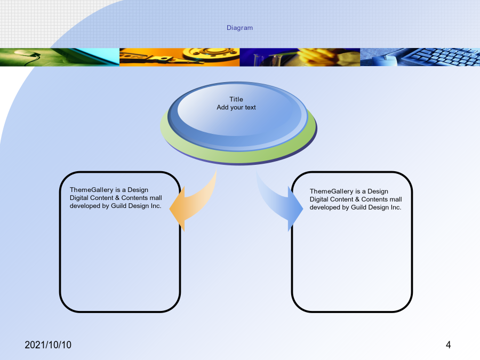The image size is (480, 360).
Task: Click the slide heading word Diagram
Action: (239, 28)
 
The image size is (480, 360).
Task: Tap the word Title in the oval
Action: (236, 99)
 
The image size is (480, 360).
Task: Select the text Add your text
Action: (236, 107)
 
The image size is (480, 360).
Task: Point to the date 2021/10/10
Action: (48, 345)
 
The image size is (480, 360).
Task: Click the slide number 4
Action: (448, 345)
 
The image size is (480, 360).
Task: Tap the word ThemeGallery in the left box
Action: (92, 190)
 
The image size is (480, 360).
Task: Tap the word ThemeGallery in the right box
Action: (332, 191)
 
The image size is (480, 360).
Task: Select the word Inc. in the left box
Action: (156, 206)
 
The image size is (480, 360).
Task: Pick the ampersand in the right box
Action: (357, 199)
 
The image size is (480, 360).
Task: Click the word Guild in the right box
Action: (359, 207)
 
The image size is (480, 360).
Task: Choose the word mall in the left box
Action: (156, 198)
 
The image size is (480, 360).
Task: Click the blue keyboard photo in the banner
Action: (420, 57)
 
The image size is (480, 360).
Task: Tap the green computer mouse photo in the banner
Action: (60, 57)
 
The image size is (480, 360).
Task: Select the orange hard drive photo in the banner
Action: (179, 57)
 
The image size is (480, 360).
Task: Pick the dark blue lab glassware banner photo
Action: (300, 57)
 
